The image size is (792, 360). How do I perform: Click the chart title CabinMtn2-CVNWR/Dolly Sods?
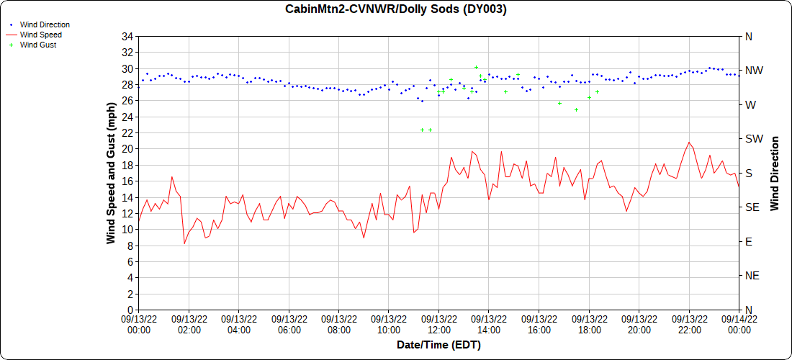click(x=395, y=9)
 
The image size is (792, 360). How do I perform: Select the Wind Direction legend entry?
click(x=45, y=24)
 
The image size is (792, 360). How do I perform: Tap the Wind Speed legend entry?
click(x=40, y=35)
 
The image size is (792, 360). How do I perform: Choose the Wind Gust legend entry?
click(x=38, y=45)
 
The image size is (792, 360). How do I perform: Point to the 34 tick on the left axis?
click(x=128, y=37)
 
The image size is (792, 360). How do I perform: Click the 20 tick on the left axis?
click(x=128, y=149)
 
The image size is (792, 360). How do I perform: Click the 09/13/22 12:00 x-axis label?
click(x=438, y=324)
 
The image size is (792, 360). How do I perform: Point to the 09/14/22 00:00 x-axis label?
click(x=739, y=324)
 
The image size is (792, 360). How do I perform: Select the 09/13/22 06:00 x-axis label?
click(x=289, y=324)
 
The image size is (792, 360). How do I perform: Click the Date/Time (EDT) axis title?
click(x=438, y=345)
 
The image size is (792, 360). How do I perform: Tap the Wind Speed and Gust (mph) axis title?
click(x=111, y=173)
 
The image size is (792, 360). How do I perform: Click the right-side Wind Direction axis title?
click(x=775, y=173)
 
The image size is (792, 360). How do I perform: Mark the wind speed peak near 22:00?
click(x=689, y=142)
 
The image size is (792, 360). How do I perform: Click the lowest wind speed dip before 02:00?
click(x=184, y=244)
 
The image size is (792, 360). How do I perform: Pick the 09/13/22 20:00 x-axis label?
click(x=639, y=324)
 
